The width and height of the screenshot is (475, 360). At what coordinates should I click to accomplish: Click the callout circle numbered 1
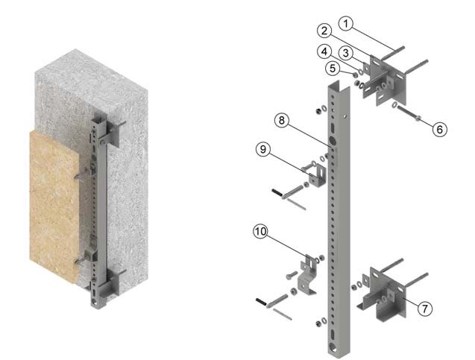click(346, 24)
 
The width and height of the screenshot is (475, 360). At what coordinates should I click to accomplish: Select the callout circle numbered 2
click(324, 31)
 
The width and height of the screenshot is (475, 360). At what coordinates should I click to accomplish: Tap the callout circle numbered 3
click(345, 53)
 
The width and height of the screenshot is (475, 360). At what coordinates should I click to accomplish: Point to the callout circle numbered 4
click(324, 51)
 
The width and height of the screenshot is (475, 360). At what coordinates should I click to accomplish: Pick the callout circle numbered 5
click(333, 68)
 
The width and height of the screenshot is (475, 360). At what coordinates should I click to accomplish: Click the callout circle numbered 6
click(439, 129)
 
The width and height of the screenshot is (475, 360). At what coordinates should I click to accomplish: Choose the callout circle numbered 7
click(425, 309)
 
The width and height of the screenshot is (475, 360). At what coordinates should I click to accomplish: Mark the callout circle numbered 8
click(282, 121)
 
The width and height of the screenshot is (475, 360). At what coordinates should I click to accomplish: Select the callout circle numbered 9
click(263, 149)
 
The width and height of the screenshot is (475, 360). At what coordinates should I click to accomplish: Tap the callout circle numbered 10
click(261, 232)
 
